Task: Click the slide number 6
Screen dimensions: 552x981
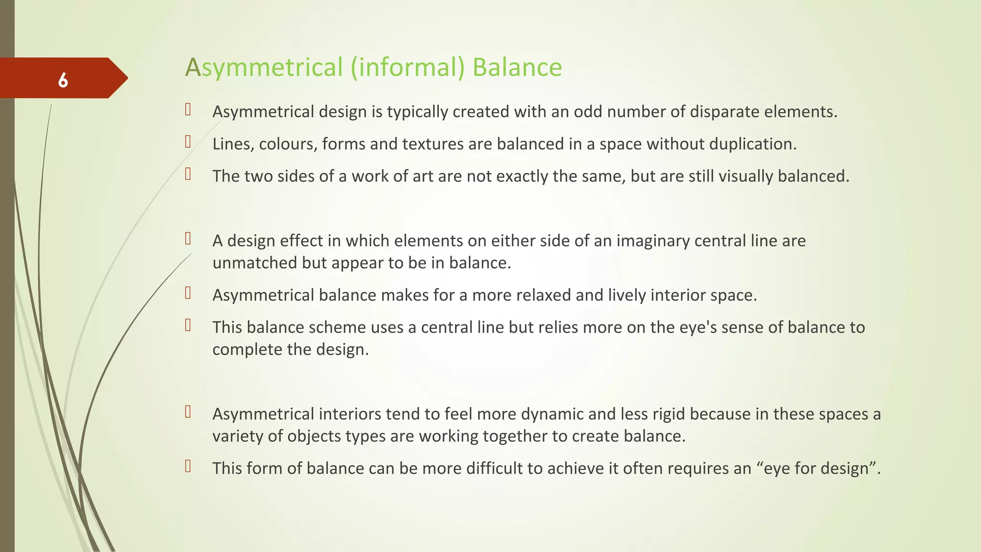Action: click(63, 80)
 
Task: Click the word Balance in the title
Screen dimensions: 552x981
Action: click(517, 67)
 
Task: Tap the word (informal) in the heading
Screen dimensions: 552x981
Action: click(408, 67)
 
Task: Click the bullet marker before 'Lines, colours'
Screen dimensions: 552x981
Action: click(188, 142)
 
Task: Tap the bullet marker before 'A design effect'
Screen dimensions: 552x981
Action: click(188, 239)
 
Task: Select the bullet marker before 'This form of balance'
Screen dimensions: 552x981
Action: click(188, 466)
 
